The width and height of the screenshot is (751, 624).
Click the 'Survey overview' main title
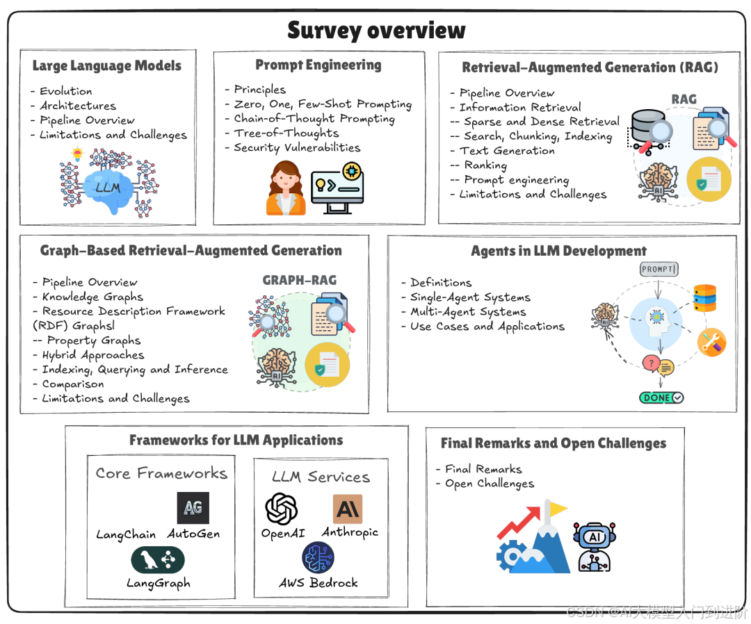pos(376,31)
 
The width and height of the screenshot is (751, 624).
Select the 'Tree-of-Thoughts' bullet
pos(286,133)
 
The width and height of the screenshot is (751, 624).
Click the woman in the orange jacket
pos(285,188)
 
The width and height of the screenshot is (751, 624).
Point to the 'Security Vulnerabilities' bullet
pos(297,147)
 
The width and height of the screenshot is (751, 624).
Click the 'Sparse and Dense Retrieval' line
pos(542,122)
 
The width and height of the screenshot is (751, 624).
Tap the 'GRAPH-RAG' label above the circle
pos(299,280)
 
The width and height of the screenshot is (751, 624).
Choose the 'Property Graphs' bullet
pos(94,340)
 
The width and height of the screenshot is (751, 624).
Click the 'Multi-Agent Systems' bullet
pos(468,312)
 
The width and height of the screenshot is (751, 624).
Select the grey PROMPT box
pos(659,269)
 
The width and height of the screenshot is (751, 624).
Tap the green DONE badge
pos(661,397)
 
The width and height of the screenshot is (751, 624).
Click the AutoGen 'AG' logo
pos(193,508)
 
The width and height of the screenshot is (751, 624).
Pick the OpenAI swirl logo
pos(282,509)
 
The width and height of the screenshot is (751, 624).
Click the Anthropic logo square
pos(348,509)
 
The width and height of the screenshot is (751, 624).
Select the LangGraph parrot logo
pos(158,559)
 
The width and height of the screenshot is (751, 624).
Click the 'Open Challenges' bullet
pos(490,484)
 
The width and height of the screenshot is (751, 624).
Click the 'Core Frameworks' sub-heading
pos(161,473)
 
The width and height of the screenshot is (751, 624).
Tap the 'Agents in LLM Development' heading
pos(558,251)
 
